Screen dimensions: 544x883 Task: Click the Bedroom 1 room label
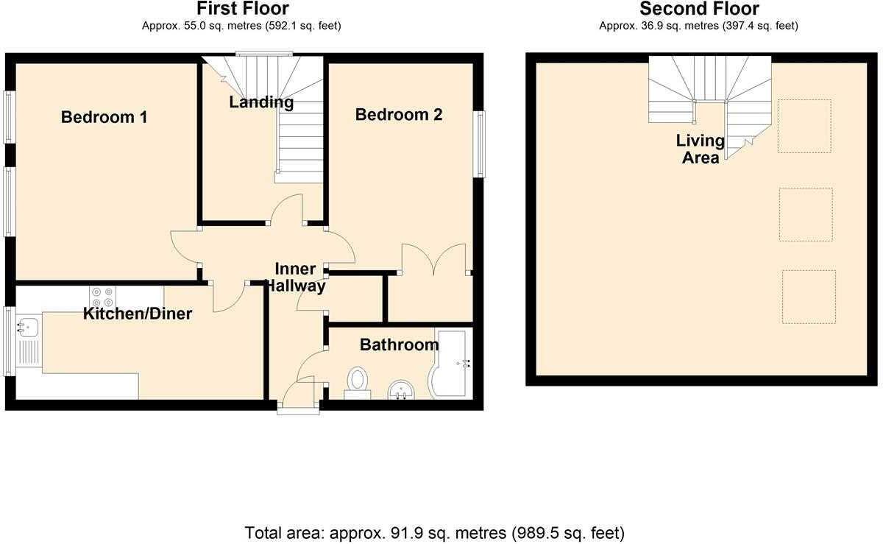(x=104, y=117)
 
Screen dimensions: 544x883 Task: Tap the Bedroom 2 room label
(x=399, y=115)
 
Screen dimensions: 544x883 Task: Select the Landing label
(x=261, y=102)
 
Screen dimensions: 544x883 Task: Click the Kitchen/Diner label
(x=138, y=314)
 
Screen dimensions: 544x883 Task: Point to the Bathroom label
(x=399, y=345)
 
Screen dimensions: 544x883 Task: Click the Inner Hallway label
(x=295, y=278)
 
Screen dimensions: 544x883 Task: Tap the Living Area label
(x=701, y=149)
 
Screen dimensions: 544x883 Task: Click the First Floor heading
(x=241, y=9)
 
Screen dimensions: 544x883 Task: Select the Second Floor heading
(x=698, y=9)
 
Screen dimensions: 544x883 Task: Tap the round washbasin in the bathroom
(x=402, y=389)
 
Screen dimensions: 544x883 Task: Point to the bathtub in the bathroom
(x=451, y=364)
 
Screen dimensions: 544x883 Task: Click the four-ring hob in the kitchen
(x=102, y=297)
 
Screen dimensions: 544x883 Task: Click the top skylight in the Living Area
(x=804, y=126)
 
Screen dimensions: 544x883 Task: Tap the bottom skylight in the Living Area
(x=809, y=297)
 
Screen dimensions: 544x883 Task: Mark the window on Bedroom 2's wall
(x=479, y=144)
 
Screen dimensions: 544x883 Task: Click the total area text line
(x=434, y=531)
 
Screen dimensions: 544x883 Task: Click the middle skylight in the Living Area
(x=806, y=214)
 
